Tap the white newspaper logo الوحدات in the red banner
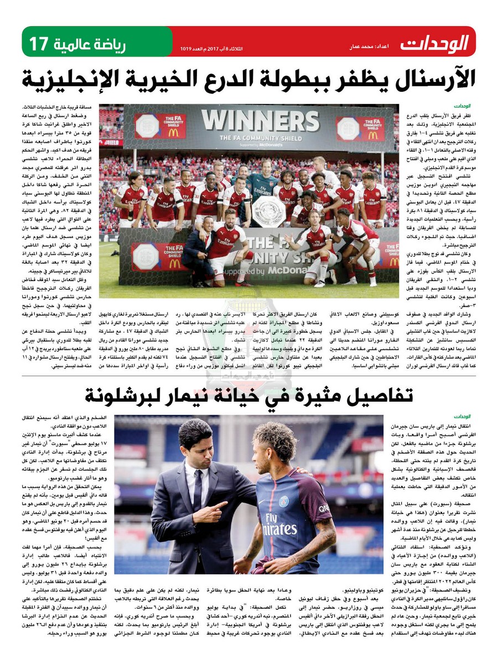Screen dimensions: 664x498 tap(435, 43)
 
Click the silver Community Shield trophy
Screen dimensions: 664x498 tap(268, 211)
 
